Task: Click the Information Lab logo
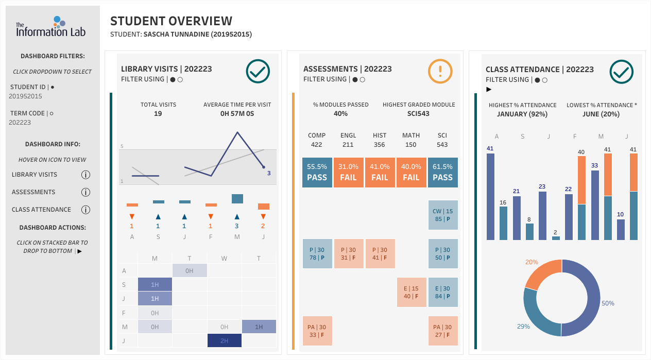click(51, 27)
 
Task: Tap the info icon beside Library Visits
click(85, 175)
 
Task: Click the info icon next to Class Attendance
click(85, 210)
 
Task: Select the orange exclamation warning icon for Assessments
click(440, 71)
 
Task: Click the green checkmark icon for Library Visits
click(258, 71)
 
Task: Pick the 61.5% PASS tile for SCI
click(442, 173)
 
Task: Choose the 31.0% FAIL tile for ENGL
click(349, 173)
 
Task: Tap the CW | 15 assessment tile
click(442, 215)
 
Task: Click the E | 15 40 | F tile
click(411, 293)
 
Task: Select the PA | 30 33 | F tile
click(317, 331)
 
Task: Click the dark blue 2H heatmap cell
click(225, 340)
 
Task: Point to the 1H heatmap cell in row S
click(155, 284)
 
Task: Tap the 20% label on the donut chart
click(532, 262)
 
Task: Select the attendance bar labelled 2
click(556, 238)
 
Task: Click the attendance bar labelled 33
click(595, 205)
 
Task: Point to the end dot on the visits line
click(264, 167)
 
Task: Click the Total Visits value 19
click(158, 114)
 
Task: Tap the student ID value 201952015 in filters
click(25, 96)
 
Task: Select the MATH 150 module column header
click(411, 140)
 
